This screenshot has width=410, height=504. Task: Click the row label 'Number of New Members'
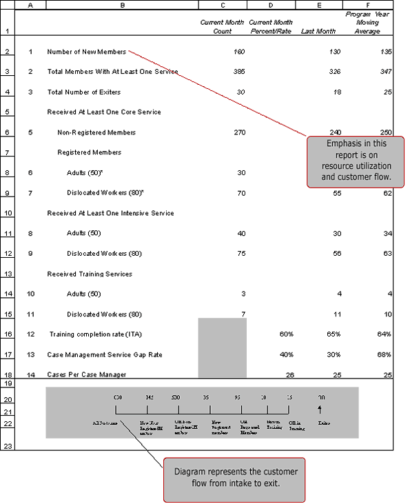click(x=86, y=52)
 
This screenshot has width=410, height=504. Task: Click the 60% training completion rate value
click(x=286, y=334)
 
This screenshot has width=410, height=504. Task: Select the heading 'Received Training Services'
click(x=89, y=274)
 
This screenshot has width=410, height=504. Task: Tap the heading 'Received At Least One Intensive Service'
click(x=110, y=213)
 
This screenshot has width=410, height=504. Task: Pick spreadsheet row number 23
click(x=8, y=446)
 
